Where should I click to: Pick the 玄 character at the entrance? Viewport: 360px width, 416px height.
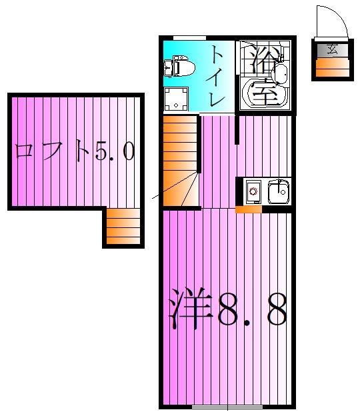(331, 49)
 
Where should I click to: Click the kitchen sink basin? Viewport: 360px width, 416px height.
(278, 192)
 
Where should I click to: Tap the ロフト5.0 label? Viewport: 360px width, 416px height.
(75, 152)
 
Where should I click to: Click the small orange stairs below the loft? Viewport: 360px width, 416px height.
(123, 227)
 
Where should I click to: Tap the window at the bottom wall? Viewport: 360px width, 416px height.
(227, 406)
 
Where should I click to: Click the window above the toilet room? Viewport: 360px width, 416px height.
(189, 38)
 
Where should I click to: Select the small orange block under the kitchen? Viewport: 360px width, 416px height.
(249, 210)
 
